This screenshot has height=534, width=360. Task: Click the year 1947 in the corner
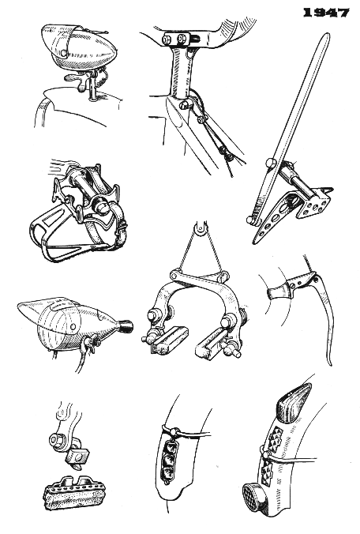(x=326, y=13)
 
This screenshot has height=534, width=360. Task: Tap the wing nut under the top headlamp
(x=77, y=81)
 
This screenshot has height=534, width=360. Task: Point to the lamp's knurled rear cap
(x=125, y=327)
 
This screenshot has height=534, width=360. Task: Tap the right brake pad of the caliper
(x=210, y=344)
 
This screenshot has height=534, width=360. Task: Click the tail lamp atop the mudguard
(x=294, y=403)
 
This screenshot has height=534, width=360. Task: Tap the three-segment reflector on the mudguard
(x=167, y=461)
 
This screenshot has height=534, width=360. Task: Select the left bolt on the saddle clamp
(x=167, y=39)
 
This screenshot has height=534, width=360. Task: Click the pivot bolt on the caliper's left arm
(x=152, y=314)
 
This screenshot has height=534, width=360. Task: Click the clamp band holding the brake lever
(x=279, y=291)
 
